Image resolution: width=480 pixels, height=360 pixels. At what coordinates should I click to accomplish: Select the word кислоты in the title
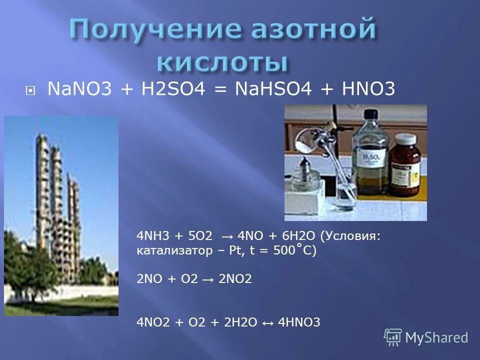pyautogui.click(x=223, y=64)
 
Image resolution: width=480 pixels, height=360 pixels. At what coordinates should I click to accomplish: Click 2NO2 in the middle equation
pyautogui.click(x=237, y=279)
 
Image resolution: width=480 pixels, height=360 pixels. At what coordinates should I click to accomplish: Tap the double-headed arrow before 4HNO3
pyautogui.click(x=267, y=323)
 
